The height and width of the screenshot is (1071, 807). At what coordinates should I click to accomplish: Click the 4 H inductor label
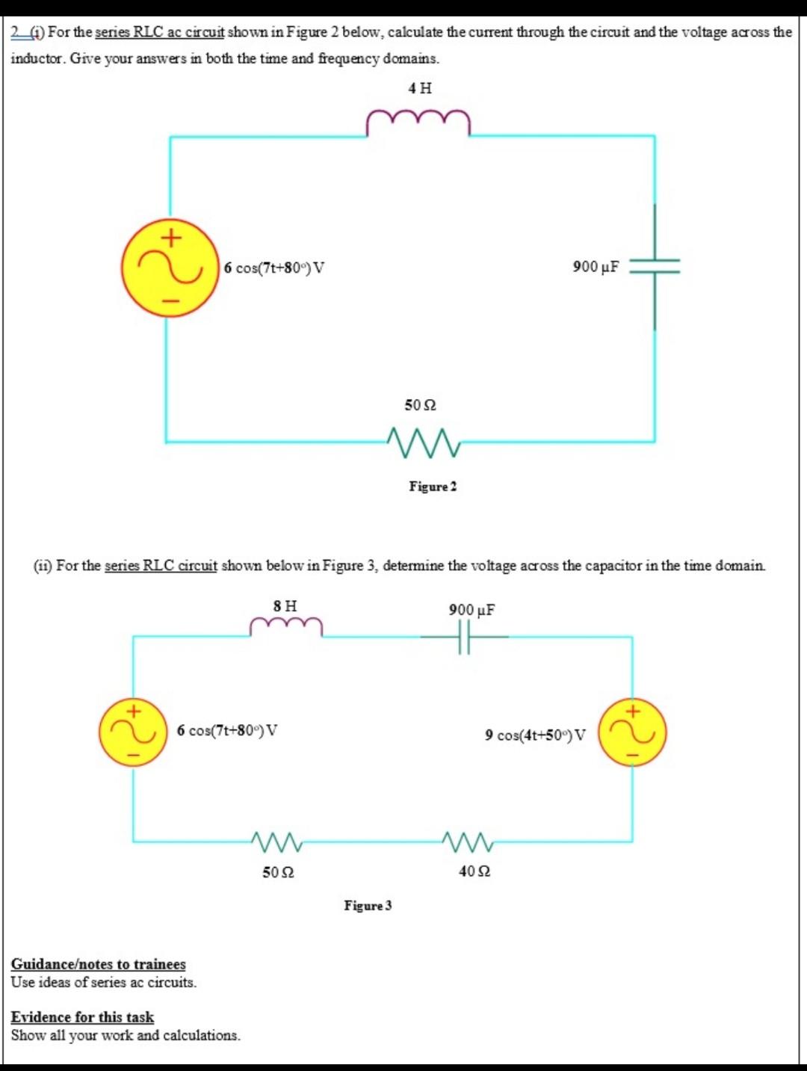(x=420, y=88)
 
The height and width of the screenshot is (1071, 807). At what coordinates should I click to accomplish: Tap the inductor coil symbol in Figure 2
(x=418, y=123)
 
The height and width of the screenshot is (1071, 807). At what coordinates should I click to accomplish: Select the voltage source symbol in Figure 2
(x=170, y=268)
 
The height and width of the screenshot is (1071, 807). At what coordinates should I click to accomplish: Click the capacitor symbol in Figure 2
(x=655, y=267)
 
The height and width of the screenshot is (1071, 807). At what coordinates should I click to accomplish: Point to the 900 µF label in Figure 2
(x=596, y=267)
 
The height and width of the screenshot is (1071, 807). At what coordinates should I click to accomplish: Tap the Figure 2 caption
(x=433, y=487)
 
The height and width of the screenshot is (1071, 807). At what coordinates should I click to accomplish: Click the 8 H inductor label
(x=285, y=605)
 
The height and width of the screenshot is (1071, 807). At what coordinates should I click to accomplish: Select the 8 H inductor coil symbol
(x=286, y=627)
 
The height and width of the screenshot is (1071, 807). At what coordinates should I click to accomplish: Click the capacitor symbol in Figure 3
(x=465, y=637)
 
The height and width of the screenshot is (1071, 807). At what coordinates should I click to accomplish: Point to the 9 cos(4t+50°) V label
(x=535, y=735)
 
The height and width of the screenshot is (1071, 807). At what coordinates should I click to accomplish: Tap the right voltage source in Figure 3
(x=632, y=732)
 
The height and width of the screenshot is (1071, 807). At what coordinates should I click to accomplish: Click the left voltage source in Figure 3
(x=133, y=732)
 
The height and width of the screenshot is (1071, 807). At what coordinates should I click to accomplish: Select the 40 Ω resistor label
(x=474, y=871)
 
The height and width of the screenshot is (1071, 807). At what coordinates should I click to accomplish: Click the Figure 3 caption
(x=368, y=906)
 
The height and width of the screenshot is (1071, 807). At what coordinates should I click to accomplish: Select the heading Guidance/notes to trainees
(x=98, y=964)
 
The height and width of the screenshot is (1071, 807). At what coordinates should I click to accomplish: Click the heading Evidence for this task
(x=82, y=1017)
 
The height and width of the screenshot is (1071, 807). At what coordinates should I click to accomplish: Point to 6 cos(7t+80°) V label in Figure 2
(x=274, y=268)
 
